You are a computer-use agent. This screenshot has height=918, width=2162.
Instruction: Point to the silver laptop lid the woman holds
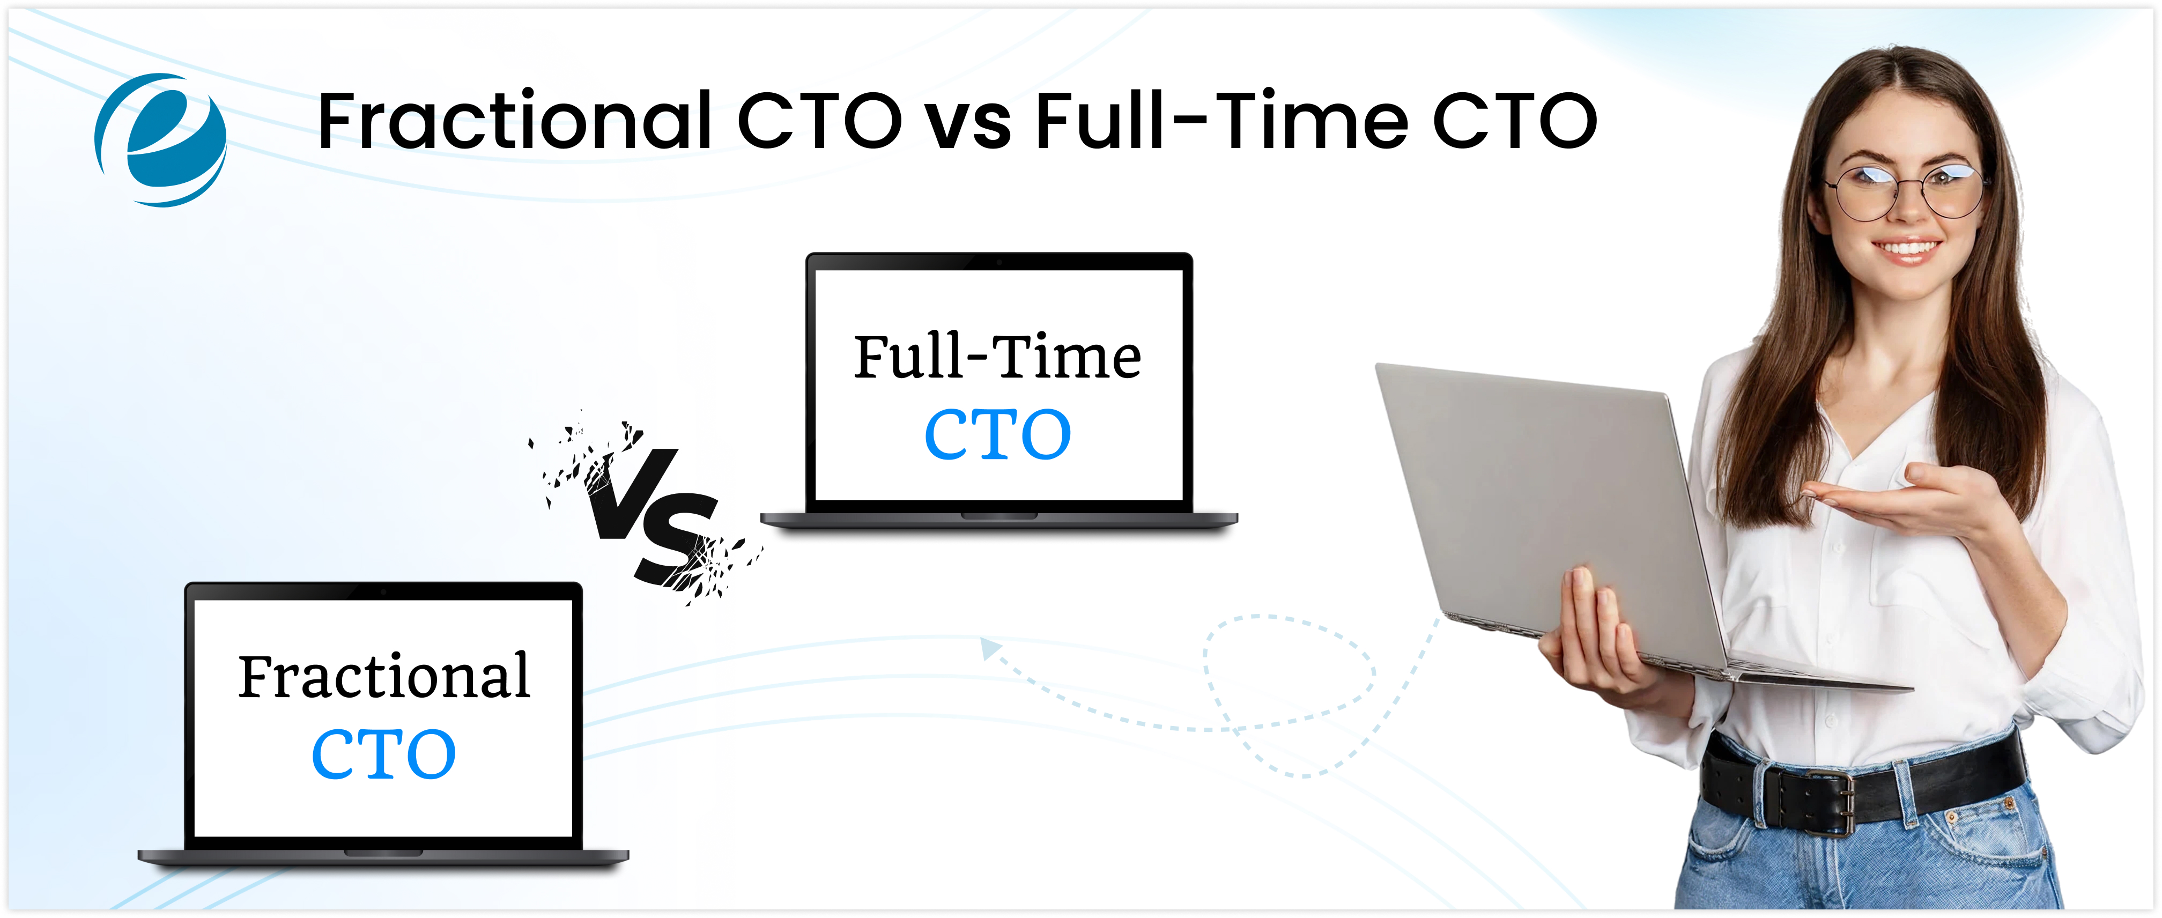click(1544, 504)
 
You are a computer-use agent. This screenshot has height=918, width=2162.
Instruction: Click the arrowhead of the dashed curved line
click(990, 647)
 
